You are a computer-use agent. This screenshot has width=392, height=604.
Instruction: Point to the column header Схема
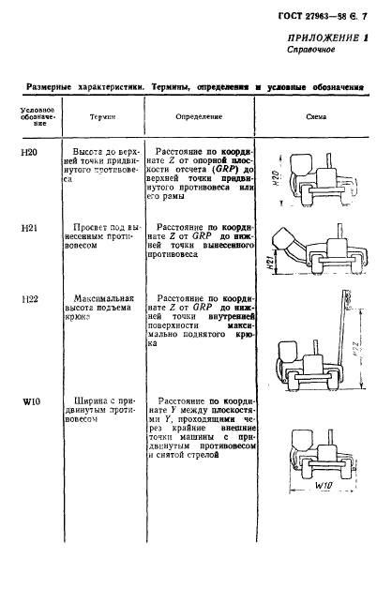click(315, 118)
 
